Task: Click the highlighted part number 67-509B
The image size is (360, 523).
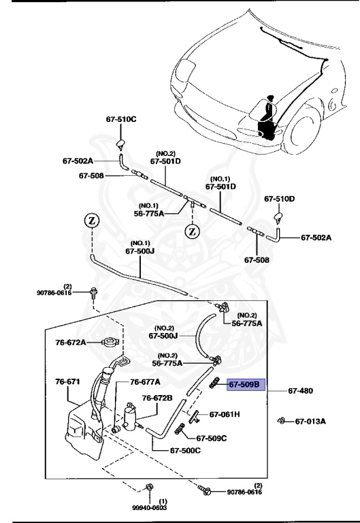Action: [244, 385]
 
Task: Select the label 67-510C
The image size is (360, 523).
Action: [121, 119]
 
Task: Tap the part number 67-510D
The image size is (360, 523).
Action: [280, 199]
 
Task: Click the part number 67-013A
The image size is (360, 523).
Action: [310, 422]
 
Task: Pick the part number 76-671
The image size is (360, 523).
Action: [68, 382]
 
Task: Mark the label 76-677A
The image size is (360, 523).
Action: [145, 382]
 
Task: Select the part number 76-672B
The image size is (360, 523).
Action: [157, 398]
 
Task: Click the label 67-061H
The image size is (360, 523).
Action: [225, 413]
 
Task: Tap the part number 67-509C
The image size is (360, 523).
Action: [212, 438]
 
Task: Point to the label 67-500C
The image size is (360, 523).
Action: [185, 450]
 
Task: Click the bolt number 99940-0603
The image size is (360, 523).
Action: [150, 507]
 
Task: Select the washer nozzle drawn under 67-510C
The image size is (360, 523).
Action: [120, 142]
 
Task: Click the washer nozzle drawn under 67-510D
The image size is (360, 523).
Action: [278, 218]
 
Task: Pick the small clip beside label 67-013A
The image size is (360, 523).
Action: [281, 421]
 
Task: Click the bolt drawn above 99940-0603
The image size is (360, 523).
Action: [149, 486]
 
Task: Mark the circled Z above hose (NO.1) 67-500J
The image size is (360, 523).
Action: [90, 221]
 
